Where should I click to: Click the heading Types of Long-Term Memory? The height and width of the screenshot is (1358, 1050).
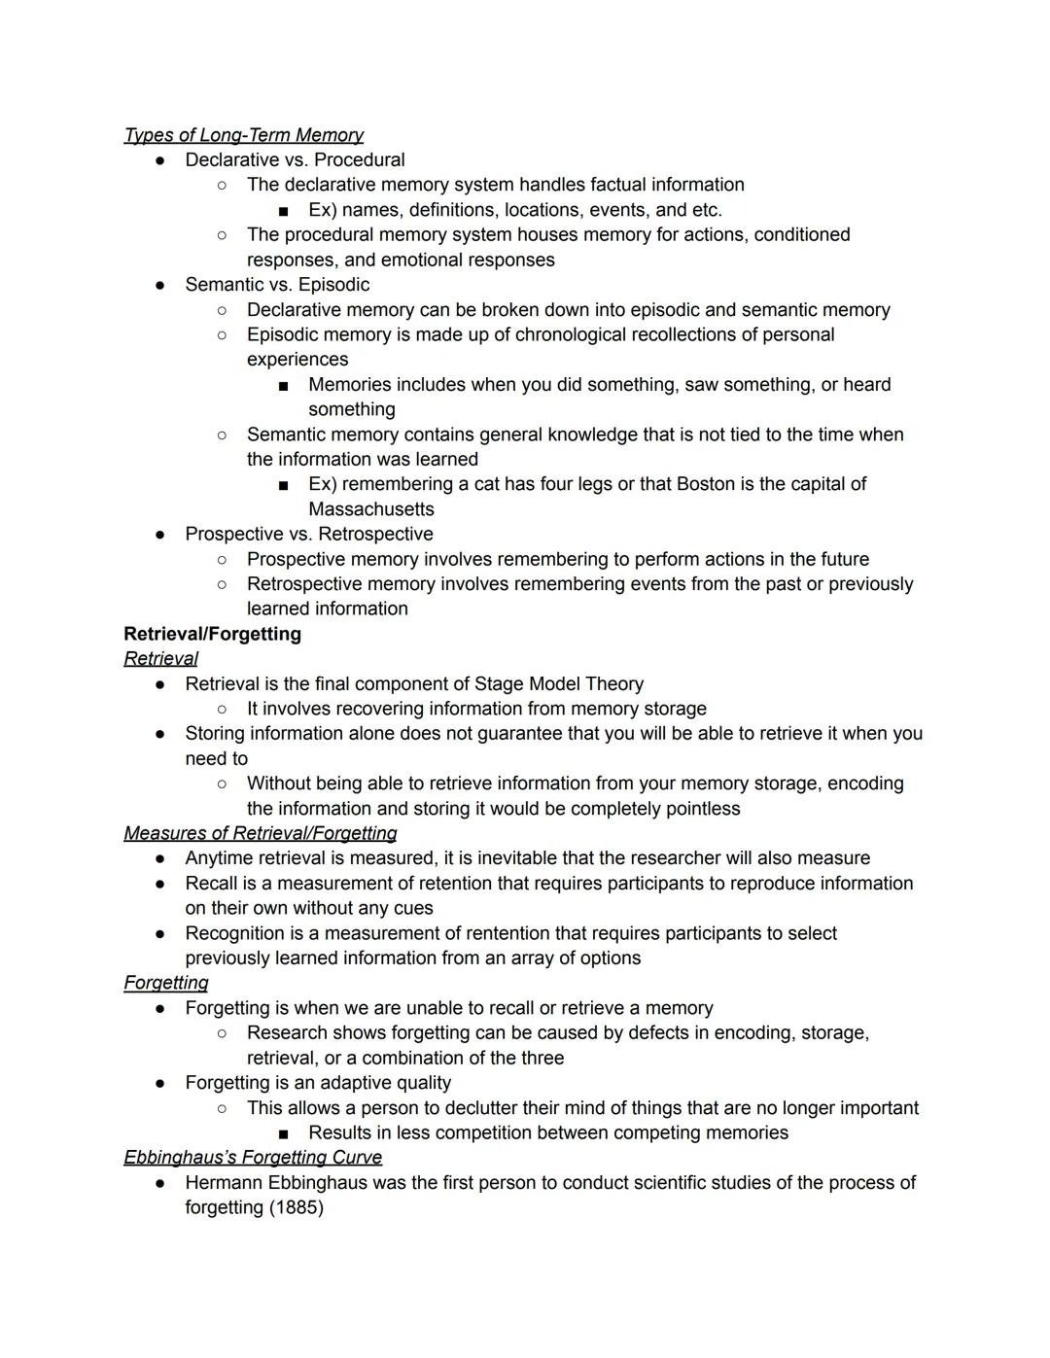(x=243, y=135)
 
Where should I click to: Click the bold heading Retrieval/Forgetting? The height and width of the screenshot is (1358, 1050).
(x=212, y=634)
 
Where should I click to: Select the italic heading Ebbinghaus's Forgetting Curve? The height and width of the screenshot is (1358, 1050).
(x=253, y=1158)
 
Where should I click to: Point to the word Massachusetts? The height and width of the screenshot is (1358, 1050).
(x=371, y=509)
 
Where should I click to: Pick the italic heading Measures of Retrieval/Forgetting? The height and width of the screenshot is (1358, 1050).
(x=261, y=833)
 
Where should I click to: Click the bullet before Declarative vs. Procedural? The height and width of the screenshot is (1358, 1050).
(x=159, y=160)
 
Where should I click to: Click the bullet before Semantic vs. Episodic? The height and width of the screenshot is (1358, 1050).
(x=159, y=285)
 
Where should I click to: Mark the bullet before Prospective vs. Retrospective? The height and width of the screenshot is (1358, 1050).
(x=159, y=535)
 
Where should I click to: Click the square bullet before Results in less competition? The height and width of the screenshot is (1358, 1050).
(x=283, y=1133)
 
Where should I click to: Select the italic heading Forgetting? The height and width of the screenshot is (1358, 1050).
(x=166, y=983)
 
